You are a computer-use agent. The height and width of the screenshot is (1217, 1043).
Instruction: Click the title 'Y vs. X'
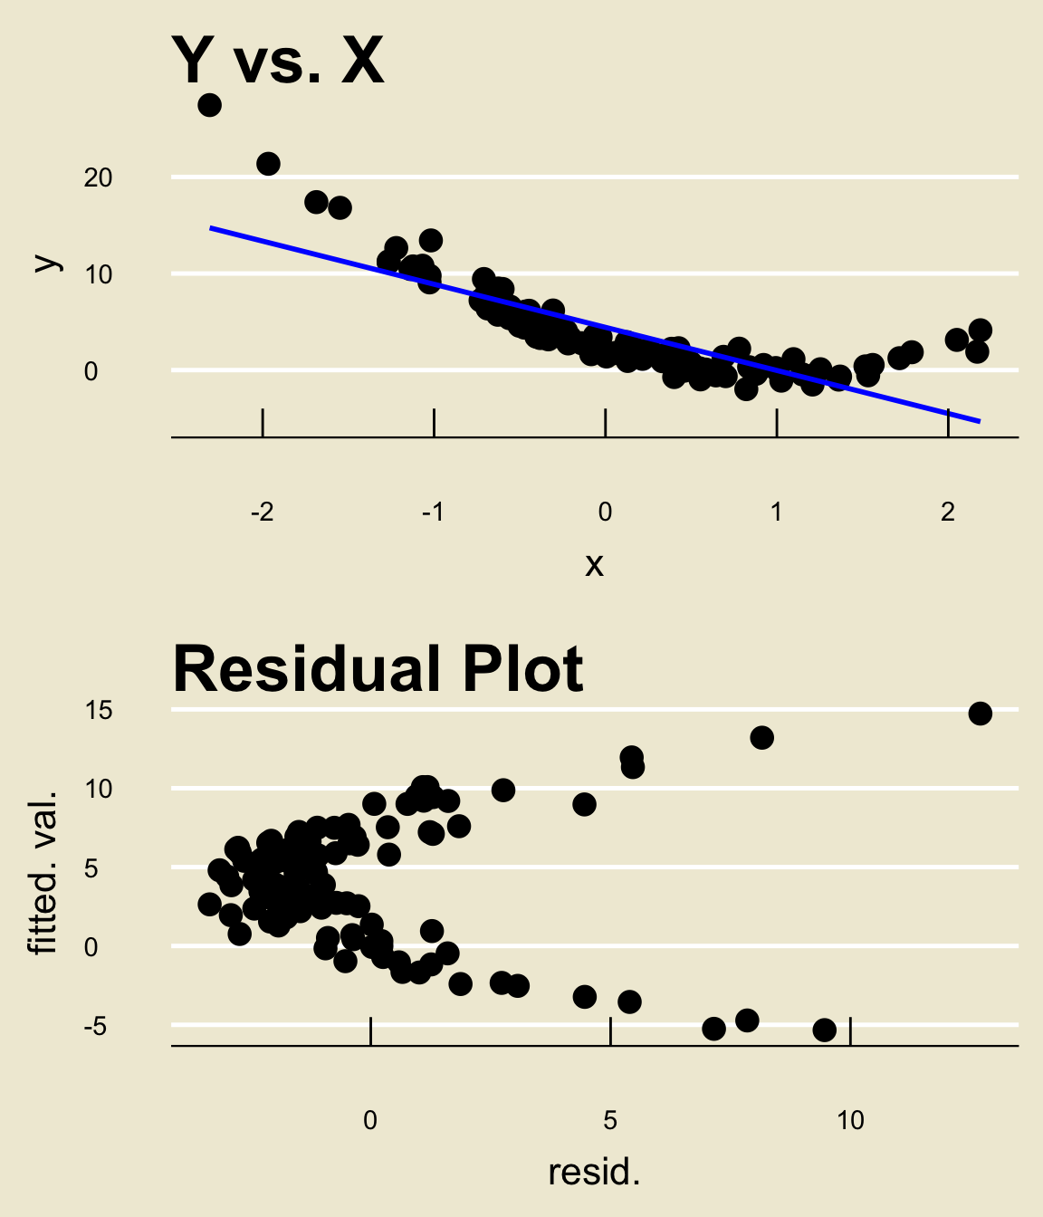click(278, 62)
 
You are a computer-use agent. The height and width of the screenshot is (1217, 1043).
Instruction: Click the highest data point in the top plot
click(209, 105)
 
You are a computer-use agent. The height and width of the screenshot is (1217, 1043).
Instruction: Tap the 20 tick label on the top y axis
click(98, 177)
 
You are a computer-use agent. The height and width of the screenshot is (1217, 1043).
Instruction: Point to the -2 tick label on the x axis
click(262, 513)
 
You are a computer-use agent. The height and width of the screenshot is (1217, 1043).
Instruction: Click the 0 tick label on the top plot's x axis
click(605, 513)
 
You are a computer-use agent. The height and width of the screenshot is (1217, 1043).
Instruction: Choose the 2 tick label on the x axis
click(947, 513)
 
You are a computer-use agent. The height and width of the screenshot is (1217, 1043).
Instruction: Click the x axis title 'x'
click(594, 564)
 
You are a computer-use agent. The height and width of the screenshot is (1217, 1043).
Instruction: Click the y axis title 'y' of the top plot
click(46, 263)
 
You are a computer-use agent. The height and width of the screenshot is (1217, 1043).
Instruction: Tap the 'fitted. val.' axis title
click(43, 872)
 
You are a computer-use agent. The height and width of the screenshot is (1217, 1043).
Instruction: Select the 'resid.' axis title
click(594, 1173)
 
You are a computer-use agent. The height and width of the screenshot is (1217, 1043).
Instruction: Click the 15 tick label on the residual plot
click(98, 710)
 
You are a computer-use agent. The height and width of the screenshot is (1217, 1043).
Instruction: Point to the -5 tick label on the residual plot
click(95, 1027)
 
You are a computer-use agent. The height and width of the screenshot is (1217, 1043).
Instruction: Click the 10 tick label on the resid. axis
click(850, 1121)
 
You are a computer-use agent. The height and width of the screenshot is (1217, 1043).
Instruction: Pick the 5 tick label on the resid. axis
click(610, 1121)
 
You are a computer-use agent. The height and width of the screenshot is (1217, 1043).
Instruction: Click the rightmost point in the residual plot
click(980, 714)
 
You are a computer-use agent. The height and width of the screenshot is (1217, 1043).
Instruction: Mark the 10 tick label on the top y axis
click(98, 274)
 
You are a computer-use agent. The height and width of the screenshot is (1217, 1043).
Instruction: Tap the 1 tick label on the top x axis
click(776, 513)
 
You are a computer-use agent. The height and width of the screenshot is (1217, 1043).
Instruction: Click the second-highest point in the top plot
click(268, 164)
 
